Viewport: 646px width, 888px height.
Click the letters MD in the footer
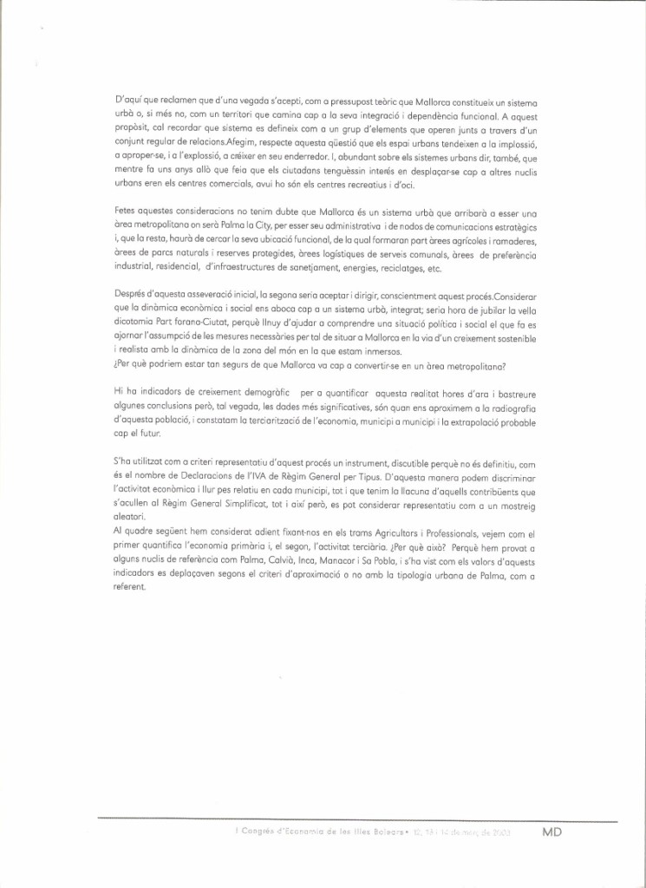(552, 832)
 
